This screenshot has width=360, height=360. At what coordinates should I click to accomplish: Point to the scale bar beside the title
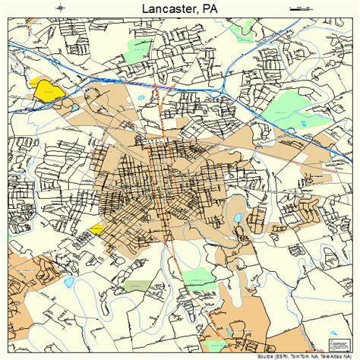300,8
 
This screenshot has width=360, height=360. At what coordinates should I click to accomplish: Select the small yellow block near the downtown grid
96,229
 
